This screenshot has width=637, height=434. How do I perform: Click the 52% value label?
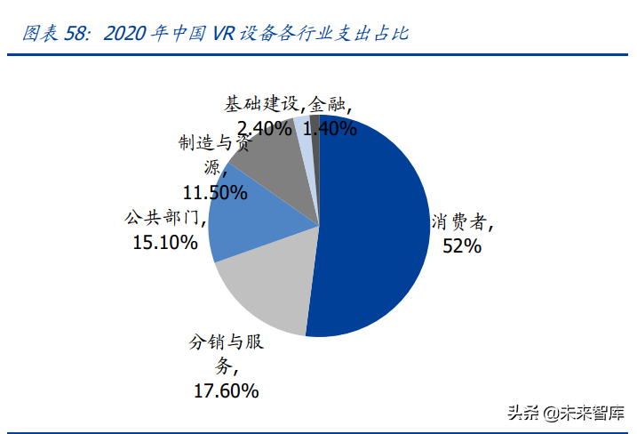(x=462, y=245)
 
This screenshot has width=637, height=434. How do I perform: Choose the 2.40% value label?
(x=259, y=128)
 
